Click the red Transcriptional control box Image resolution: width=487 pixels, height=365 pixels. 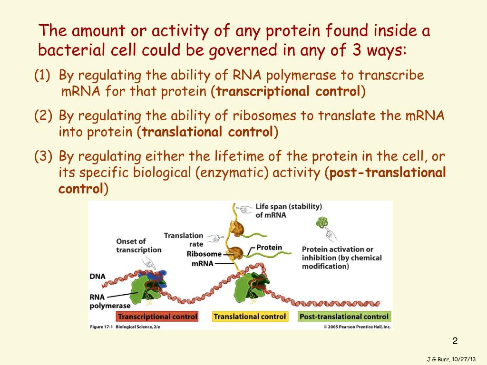click(157, 317)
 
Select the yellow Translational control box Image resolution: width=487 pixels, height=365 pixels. click(250, 317)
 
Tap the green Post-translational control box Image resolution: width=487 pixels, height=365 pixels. click(344, 317)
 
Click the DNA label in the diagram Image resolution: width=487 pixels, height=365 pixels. click(97, 276)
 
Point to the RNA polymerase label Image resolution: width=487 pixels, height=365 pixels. click(110, 301)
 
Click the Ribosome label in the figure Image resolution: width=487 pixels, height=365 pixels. click(204, 254)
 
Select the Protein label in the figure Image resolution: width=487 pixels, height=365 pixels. click(269, 247)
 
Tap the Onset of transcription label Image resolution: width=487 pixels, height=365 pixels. click(139, 246)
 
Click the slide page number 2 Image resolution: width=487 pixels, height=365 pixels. click(455, 341)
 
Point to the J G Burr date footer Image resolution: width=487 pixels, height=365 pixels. click(451, 359)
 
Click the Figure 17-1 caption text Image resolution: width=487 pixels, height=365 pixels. click(125, 327)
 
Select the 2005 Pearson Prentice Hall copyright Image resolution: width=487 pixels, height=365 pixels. click(357, 327)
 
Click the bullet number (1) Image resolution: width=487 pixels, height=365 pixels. click(42, 76)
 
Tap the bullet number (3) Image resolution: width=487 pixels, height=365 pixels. click(43, 156)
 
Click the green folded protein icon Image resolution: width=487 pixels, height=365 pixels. click(322, 222)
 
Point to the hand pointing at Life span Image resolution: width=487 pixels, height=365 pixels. click(244, 209)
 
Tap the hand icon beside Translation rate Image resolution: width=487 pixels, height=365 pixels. click(215, 238)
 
